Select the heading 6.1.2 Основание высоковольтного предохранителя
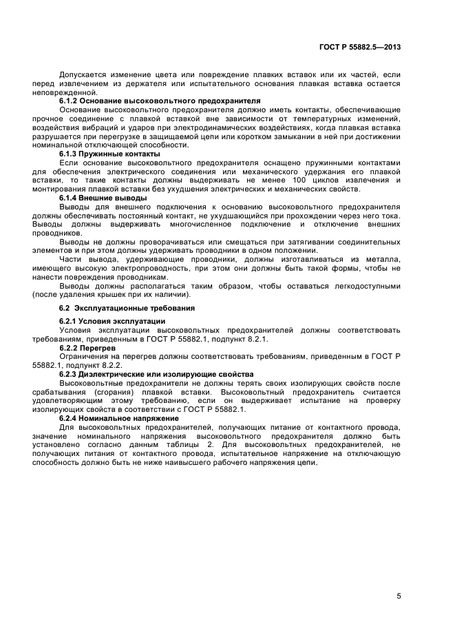coord(150,101)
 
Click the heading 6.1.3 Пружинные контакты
coord(109,154)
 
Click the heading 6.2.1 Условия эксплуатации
coord(113,322)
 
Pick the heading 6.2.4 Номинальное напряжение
coord(122,418)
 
